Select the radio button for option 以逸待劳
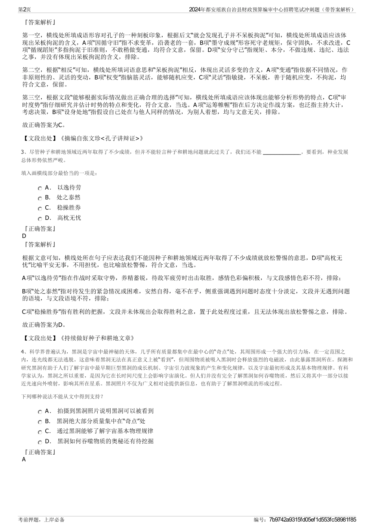tap(40, 188)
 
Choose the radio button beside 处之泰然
tap(40, 198)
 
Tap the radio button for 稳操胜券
tap(40, 208)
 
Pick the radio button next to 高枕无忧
tap(40, 219)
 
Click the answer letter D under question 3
tap(24, 236)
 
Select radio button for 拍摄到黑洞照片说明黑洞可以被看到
tap(40, 412)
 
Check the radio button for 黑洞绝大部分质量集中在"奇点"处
tap(40, 422)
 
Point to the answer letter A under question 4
tap(24, 459)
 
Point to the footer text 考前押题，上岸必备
tap(41, 520)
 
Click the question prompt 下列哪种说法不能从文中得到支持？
tap(63, 396)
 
